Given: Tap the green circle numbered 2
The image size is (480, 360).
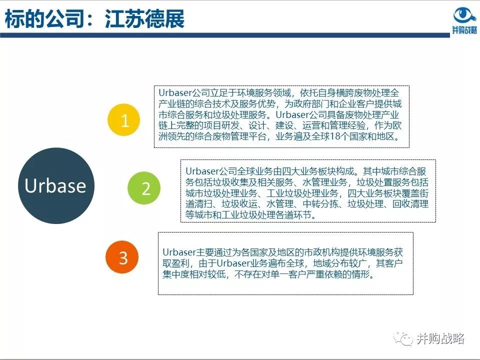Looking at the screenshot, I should [145, 188].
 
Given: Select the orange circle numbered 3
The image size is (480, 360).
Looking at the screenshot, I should [123, 257].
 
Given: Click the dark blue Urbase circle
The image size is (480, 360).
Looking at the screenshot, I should [55, 185].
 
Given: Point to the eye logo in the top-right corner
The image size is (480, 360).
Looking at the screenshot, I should [464, 15].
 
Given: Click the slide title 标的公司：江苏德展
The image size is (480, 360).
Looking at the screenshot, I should [94, 19].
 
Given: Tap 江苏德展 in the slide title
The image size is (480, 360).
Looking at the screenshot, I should [144, 19].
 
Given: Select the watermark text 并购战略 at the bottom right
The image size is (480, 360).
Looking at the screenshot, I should [440, 339].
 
